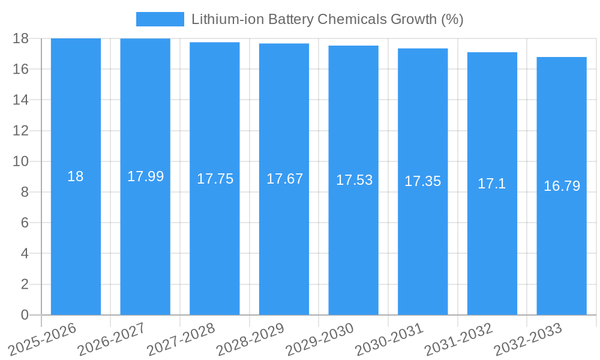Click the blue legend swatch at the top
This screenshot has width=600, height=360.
[x=160, y=19]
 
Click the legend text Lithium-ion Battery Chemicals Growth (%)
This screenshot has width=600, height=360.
[x=327, y=19]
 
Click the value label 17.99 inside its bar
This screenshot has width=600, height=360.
[x=145, y=176]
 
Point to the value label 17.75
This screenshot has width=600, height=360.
[x=215, y=179]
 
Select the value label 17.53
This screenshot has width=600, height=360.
[x=353, y=180]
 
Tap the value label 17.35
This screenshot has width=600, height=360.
[x=422, y=181]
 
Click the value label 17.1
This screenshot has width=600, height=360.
[x=492, y=184]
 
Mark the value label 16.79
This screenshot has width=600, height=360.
[x=562, y=186]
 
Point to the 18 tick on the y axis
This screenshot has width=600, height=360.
[x=20, y=38]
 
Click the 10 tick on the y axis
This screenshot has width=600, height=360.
[x=20, y=161]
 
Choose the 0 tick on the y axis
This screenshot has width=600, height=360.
[x=25, y=315]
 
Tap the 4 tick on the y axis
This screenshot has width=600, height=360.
[x=25, y=253]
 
